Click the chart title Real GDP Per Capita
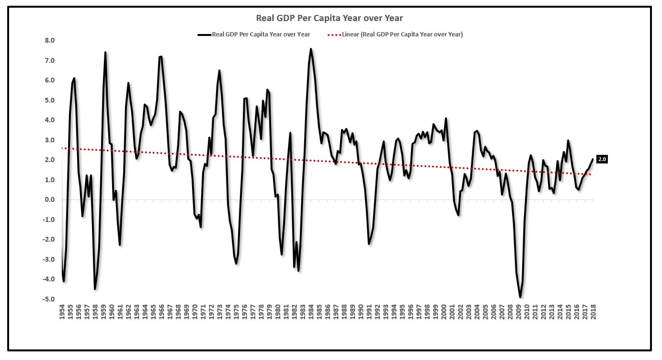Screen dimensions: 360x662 click(x=330, y=18)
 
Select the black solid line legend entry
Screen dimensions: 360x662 click(x=254, y=35)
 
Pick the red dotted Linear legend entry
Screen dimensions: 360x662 click(x=395, y=35)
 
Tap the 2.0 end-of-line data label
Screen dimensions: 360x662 click(x=602, y=160)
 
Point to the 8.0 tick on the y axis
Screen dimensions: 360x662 click(x=50, y=41)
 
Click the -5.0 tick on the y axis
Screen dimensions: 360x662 click(x=49, y=300)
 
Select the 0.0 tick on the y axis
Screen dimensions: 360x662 click(x=50, y=200)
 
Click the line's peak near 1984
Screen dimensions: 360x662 click(x=311, y=49)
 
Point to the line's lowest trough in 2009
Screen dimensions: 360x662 click(x=520, y=297)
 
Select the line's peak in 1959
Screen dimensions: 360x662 click(x=105, y=52)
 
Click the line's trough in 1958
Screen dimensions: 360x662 click(x=95, y=289)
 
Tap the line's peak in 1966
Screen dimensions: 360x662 click(x=161, y=57)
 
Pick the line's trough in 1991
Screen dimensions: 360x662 click(x=369, y=244)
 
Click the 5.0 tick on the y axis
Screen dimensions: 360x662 click(x=50, y=101)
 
